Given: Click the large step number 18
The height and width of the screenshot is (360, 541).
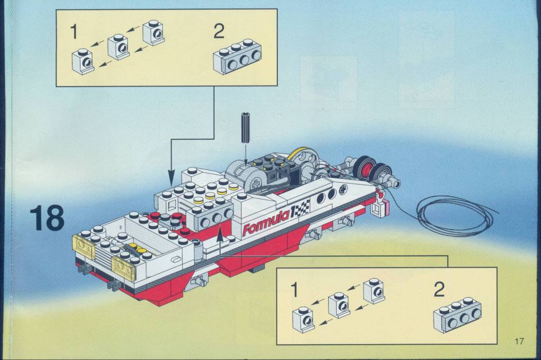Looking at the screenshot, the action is coord(47,219).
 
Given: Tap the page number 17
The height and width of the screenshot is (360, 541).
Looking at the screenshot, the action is coord(519,342).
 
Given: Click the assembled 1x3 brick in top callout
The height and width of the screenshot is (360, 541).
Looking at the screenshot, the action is coord(237,57).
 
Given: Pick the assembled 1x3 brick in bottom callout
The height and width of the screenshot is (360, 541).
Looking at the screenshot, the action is coord(458,315).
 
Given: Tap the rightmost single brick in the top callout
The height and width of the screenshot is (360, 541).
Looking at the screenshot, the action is coord(153,33).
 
